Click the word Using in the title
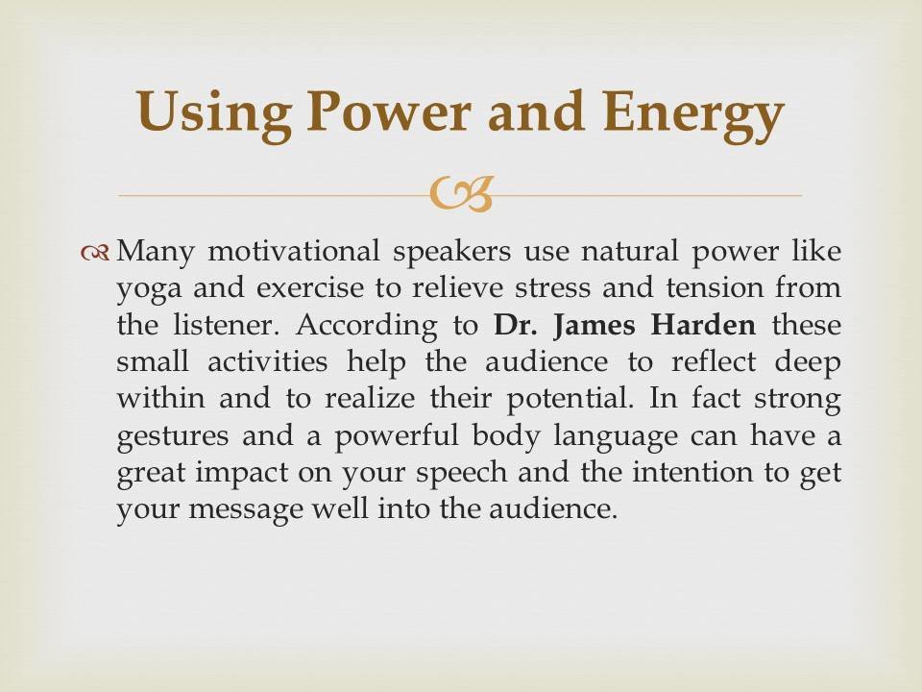pos(213,113)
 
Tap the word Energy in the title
pos(693,113)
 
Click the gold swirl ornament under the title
pos(461,194)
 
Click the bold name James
pos(594,326)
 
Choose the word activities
pos(268,361)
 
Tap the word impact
pos(242,474)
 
